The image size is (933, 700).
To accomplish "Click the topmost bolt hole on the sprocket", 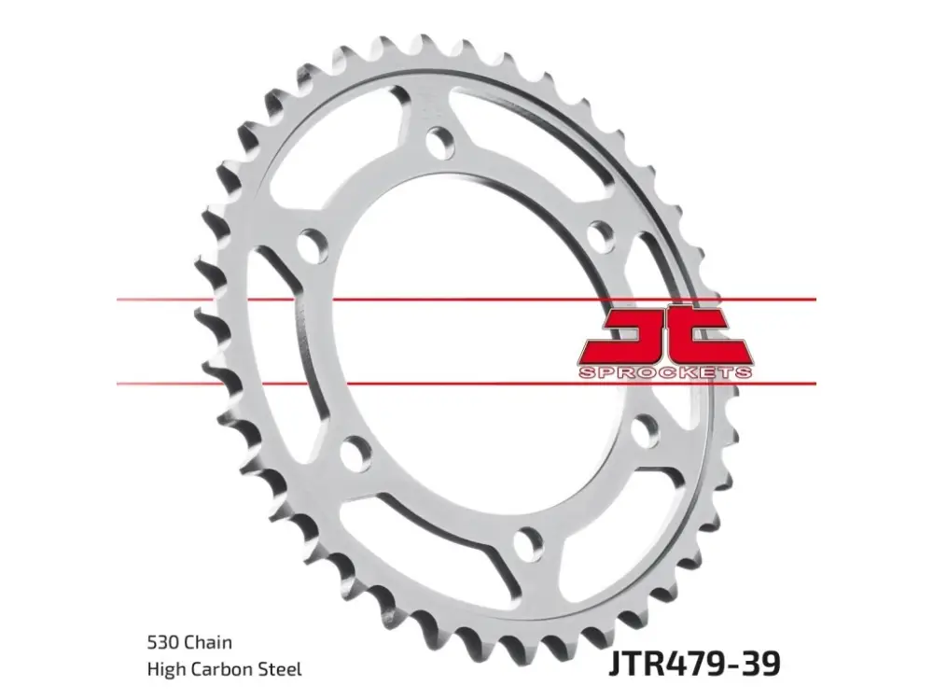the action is [x=440, y=142].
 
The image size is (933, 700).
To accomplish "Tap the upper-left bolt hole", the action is [x=313, y=245].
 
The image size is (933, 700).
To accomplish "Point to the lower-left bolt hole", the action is [x=356, y=451].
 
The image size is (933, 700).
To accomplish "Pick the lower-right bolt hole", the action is [x=645, y=430].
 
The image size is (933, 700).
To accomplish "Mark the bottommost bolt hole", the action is [x=528, y=543].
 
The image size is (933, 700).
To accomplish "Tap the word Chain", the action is [x=208, y=642].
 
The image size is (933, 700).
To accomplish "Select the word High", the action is [x=166, y=669].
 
